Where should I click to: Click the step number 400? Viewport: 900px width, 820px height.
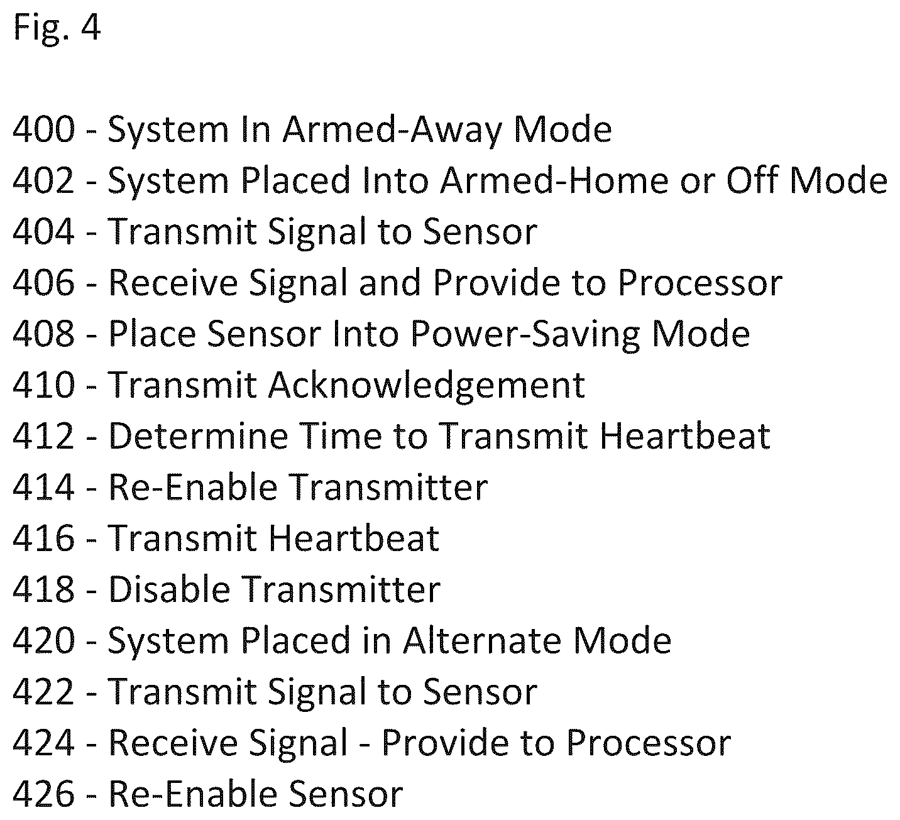43,130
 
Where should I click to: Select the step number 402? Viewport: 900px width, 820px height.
43,181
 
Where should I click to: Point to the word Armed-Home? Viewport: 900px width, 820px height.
555,181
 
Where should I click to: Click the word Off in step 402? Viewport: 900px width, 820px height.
754,180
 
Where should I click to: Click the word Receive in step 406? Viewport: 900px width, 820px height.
173,283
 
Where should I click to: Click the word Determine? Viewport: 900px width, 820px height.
199,437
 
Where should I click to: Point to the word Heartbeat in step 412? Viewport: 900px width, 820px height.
685,437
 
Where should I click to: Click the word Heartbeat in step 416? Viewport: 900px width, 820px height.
354,539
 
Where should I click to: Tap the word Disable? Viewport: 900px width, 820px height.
169,590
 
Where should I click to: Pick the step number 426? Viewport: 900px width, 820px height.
43,795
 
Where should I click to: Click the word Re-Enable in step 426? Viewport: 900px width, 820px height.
193,795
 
